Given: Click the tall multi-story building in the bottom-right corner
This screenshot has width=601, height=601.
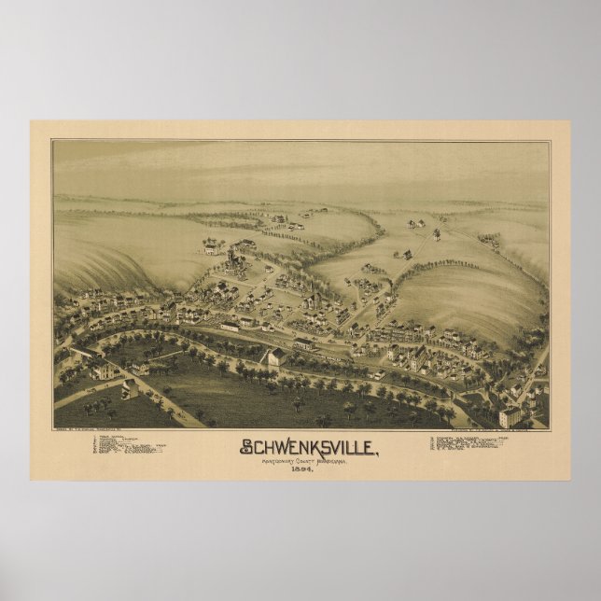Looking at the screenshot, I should [x=510, y=414].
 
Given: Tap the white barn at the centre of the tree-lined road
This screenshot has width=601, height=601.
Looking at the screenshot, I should [x=273, y=357].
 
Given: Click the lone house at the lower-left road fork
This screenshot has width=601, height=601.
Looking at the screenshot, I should [x=130, y=388].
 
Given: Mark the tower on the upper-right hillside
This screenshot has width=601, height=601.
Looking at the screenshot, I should [x=435, y=232].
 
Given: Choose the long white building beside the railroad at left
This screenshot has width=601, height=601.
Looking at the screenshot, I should [x=231, y=326].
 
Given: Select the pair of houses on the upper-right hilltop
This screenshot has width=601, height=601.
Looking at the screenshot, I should [x=415, y=224].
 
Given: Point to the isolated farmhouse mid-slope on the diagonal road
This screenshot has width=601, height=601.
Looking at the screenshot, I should [x=406, y=253].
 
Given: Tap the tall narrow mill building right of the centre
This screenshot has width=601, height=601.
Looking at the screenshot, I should [x=420, y=355].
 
